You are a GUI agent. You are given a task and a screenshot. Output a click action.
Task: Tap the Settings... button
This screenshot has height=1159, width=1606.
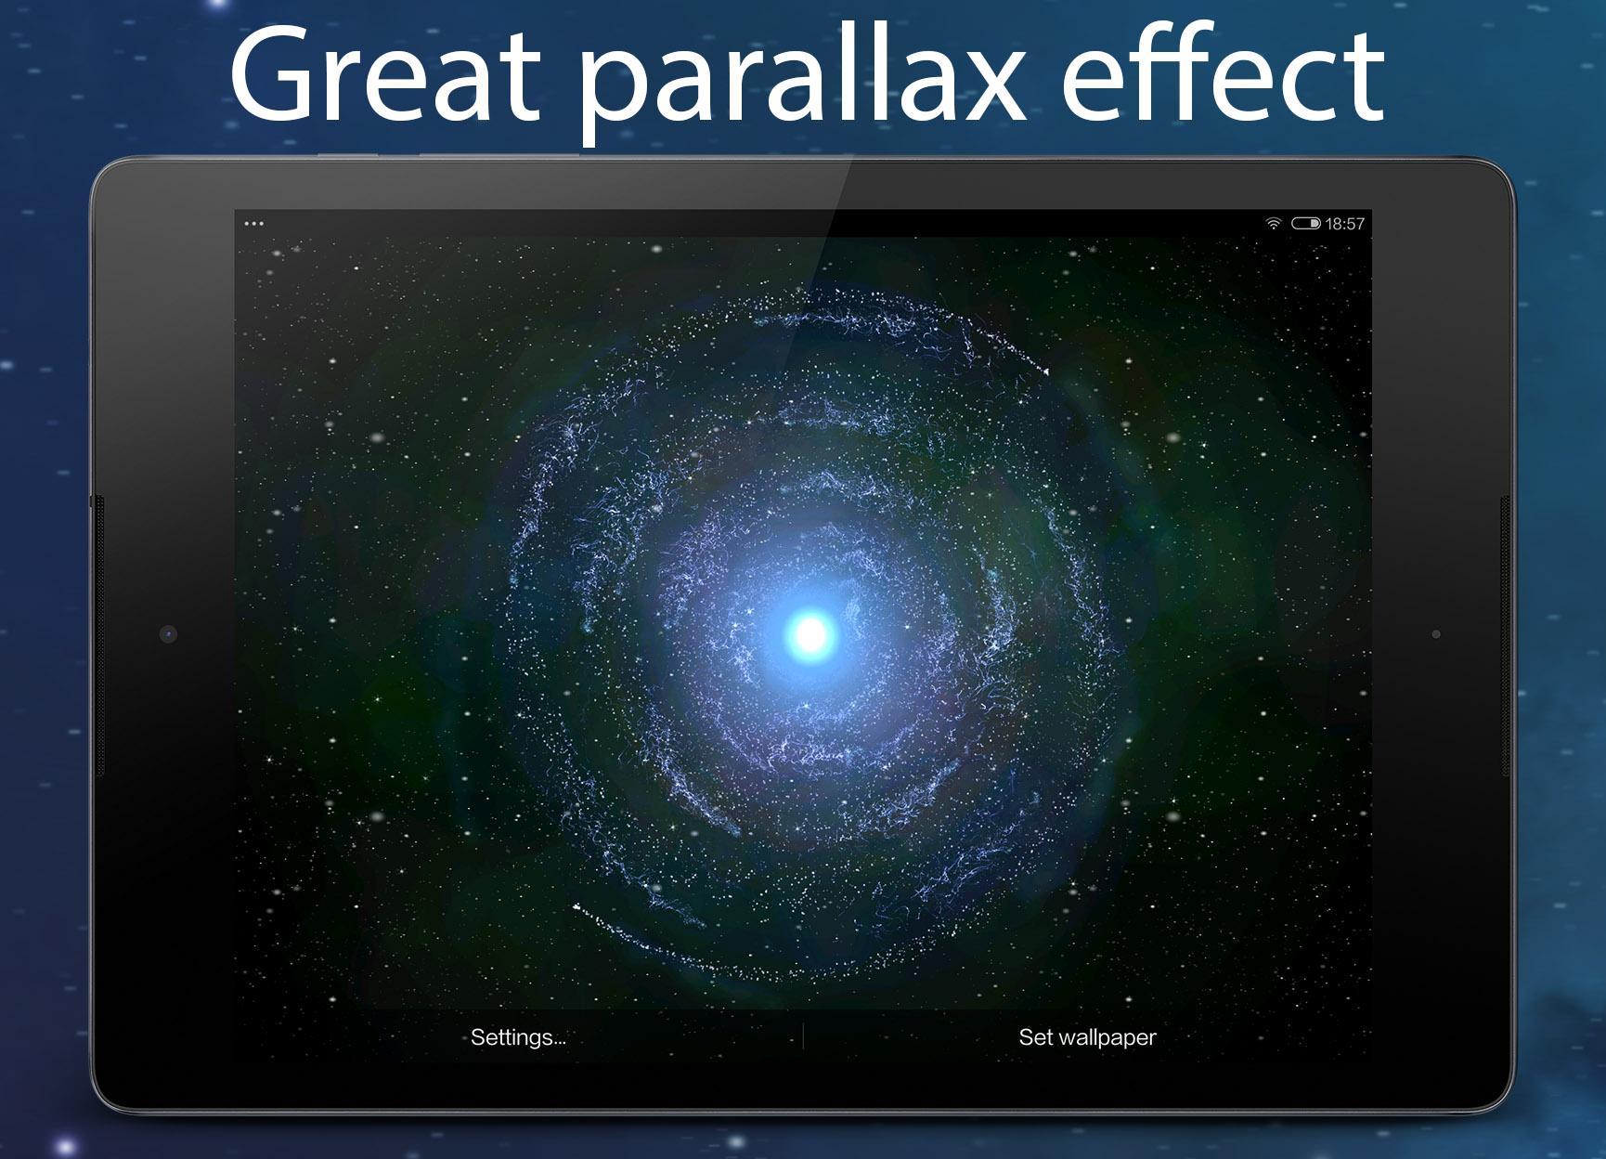pos(518,1037)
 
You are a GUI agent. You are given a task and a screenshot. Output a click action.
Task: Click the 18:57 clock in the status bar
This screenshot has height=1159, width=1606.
pos(1345,223)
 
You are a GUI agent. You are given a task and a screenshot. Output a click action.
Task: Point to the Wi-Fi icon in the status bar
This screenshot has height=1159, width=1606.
pos(1273,223)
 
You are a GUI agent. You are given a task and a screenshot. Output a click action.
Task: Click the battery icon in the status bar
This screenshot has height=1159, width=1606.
pos(1305,223)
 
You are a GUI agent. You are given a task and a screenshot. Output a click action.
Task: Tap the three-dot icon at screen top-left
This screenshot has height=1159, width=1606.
pos(253,223)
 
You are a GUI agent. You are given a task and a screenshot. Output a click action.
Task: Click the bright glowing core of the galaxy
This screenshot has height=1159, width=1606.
pos(810,634)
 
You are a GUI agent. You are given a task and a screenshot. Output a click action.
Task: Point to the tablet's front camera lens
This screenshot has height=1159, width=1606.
pos(168,634)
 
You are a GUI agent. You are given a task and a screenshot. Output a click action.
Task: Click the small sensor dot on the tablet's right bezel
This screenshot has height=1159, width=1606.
pos(1436,634)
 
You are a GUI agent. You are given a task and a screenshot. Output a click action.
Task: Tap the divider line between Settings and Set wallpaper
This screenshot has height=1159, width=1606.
pos(803,1037)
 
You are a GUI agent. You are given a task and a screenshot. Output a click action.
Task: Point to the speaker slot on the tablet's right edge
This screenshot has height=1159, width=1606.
pos(1506,636)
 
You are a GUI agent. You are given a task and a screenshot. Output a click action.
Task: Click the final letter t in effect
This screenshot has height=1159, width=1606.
pos(1365,82)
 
